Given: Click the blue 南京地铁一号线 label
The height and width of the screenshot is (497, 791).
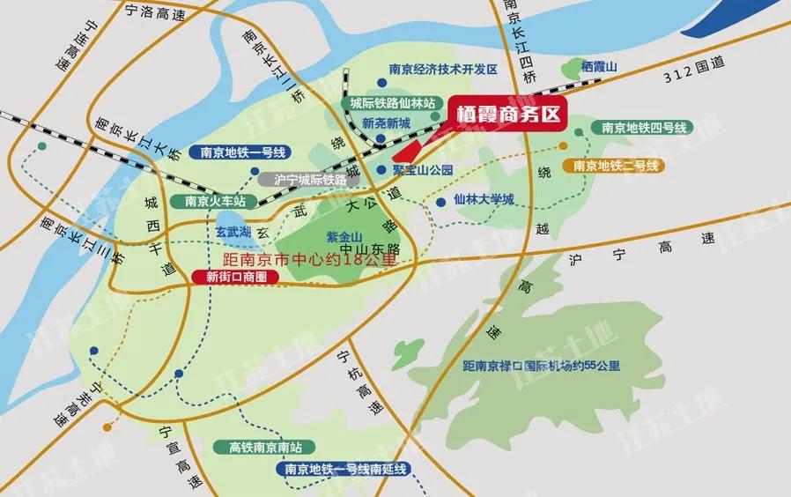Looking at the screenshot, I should [240, 152].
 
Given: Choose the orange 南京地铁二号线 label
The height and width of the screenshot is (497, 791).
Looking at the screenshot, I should [616, 165].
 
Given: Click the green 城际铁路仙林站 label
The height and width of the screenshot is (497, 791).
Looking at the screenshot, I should [393, 103].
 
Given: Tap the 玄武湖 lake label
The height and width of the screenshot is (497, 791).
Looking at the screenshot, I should [234, 231].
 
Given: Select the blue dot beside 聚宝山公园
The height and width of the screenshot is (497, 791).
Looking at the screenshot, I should [380, 169].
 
